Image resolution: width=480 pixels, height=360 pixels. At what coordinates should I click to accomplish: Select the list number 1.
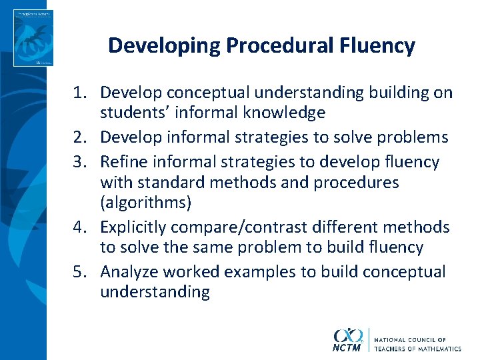pyautogui.click(x=79, y=93)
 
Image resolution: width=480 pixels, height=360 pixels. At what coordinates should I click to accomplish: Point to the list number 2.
pyautogui.click(x=79, y=137)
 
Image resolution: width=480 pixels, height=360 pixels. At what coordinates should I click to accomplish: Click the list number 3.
pyautogui.click(x=79, y=162)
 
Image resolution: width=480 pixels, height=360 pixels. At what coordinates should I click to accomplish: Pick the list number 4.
pyautogui.click(x=79, y=227)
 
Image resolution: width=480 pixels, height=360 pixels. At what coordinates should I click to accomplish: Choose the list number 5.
pyautogui.click(x=79, y=272)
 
